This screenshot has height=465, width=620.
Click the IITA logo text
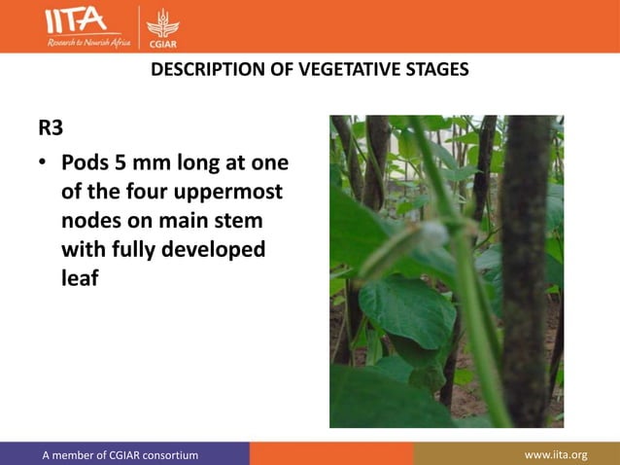click(75, 20)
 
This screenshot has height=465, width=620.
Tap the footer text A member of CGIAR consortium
click(120, 454)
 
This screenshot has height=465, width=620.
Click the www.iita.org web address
click(556, 454)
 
